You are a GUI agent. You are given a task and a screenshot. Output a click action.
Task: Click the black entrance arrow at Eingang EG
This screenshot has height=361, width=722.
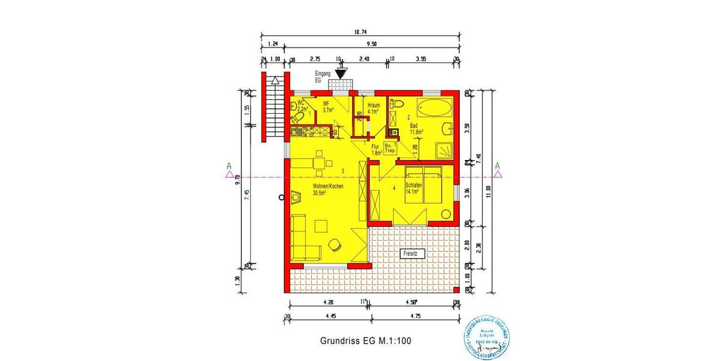point(341,73)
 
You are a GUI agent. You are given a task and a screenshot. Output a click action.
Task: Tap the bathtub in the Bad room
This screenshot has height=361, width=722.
point(434,110)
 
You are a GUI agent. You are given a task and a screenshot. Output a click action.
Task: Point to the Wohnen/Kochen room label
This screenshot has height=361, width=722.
point(327,190)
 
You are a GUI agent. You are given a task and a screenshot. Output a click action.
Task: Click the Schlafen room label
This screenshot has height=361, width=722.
point(414,189)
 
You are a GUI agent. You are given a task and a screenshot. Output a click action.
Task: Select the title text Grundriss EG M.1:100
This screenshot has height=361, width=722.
point(366,341)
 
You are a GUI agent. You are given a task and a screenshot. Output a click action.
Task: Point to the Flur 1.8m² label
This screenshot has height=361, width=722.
point(376,149)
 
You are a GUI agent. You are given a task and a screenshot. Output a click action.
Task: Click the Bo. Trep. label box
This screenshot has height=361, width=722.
point(389,147)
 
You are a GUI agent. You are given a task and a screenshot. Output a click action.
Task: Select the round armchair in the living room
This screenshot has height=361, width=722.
point(334,244)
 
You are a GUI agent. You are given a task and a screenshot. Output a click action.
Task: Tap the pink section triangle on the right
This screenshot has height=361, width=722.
point(497,174)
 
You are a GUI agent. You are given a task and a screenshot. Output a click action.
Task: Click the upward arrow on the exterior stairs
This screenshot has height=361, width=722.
point(275,81)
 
